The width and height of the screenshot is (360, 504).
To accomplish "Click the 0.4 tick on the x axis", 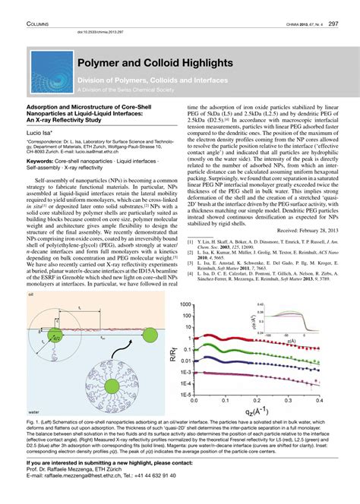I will (312, 400).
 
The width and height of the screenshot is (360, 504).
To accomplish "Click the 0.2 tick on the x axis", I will (250, 400).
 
